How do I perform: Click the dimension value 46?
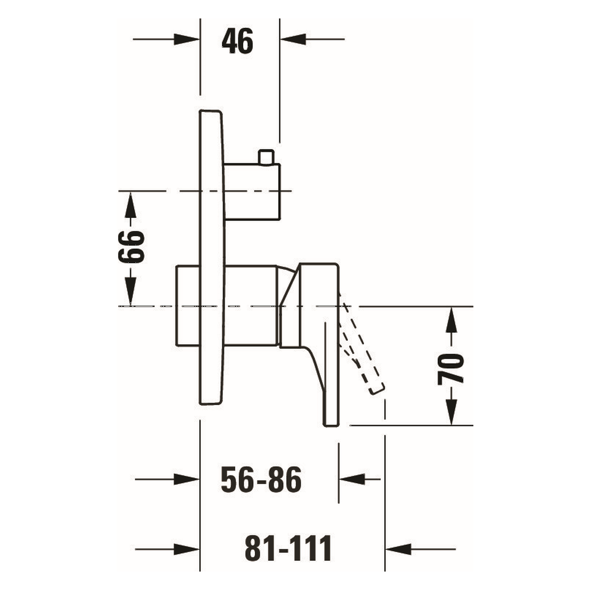click(237, 41)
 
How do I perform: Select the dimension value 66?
click(131, 248)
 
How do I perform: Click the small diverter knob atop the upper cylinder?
click(266, 157)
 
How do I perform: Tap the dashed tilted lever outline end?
click(377, 389)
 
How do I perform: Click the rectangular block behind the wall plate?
click(188, 306)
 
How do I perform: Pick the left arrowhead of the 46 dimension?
click(187, 39)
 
